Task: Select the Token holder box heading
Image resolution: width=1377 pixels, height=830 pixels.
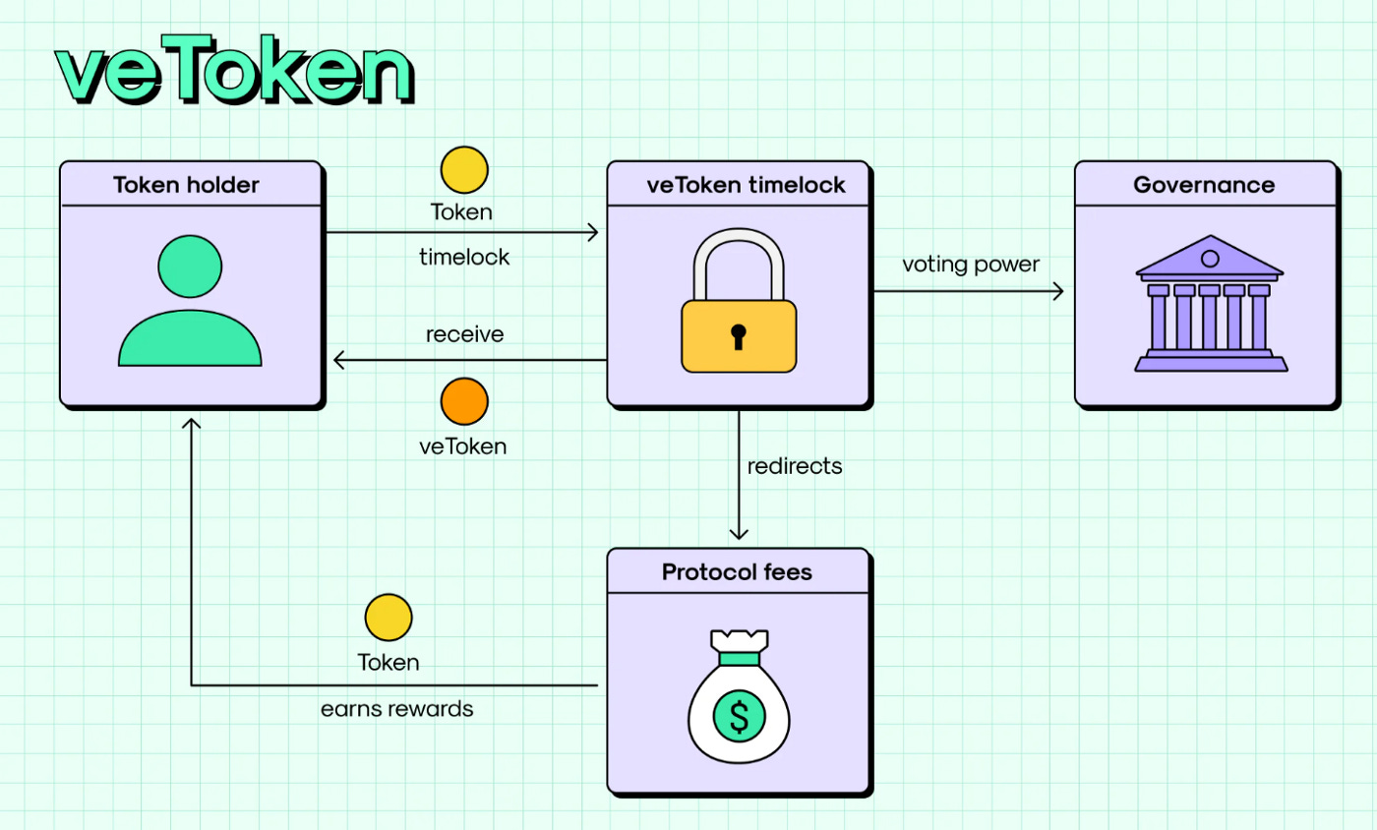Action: [x=186, y=185]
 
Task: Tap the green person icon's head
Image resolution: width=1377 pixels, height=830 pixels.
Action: [x=190, y=264]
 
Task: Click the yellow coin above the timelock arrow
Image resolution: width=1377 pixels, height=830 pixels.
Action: [x=463, y=169]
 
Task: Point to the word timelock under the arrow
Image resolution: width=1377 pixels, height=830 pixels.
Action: [x=464, y=257]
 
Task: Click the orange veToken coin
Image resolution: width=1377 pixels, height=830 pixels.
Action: [x=463, y=401]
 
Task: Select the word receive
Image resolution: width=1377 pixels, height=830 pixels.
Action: [x=464, y=334]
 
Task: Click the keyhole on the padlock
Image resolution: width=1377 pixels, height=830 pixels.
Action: [x=738, y=334]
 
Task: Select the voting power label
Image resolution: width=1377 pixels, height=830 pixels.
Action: [x=970, y=265]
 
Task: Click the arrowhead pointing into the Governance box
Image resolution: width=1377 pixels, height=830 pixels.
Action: [x=1059, y=291]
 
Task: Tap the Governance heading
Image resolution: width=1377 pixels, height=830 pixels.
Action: [x=1204, y=185]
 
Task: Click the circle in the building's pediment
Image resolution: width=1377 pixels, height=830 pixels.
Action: [x=1210, y=259]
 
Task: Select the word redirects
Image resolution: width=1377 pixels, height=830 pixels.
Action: [x=795, y=466]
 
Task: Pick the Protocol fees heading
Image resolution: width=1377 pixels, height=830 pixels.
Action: [x=737, y=571]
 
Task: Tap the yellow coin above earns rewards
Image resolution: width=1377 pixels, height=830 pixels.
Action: [x=389, y=618]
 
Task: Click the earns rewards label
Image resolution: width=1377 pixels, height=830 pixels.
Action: [x=396, y=709]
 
